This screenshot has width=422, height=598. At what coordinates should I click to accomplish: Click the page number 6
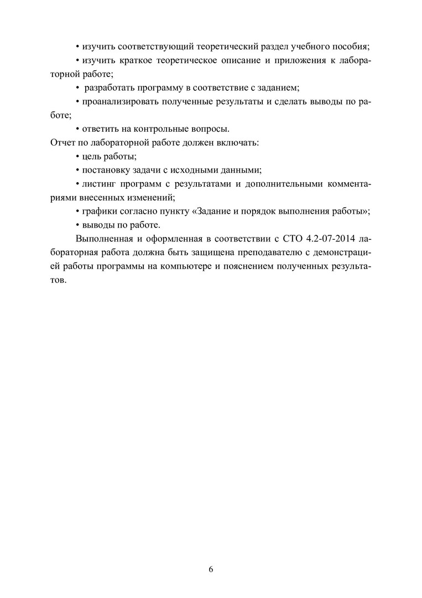[x=211, y=569]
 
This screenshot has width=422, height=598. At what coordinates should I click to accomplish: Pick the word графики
[x=99, y=212]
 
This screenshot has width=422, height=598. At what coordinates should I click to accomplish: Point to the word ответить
[x=100, y=129]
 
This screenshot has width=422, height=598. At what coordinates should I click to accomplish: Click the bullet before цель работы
[x=77, y=157]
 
